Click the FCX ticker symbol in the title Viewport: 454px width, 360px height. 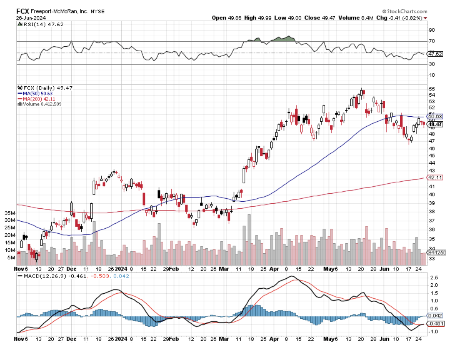pyautogui.click(x=23, y=11)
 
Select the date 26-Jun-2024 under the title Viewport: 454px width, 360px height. pyautogui.click(x=31, y=18)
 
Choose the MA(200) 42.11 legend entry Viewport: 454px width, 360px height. pyautogui.click(x=38, y=99)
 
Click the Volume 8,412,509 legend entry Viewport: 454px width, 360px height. pyautogui.click(x=41, y=104)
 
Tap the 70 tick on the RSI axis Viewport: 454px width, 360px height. pyautogui.click(x=432, y=41)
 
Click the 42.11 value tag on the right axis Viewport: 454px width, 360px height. pyautogui.click(x=435, y=177)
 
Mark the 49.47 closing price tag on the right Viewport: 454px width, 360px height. pyautogui.click(x=435, y=124)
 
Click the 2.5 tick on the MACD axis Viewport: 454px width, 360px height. pyautogui.click(x=433, y=277)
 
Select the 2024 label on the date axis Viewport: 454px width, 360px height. pyautogui.click(x=121, y=269)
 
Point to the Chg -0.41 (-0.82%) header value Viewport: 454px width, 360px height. pyautogui.click(x=399, y=18)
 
